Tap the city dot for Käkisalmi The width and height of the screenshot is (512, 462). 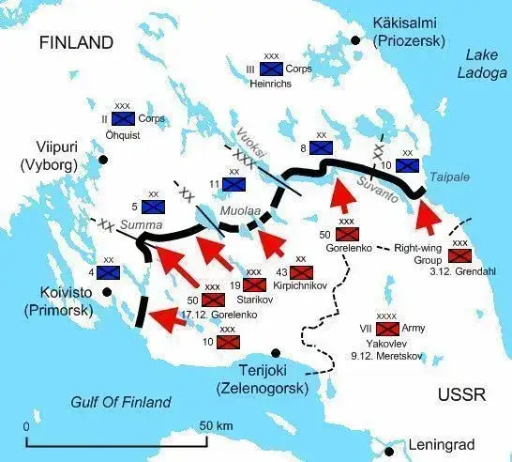[x=354, y=39]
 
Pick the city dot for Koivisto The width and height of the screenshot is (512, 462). [x=105, y=291]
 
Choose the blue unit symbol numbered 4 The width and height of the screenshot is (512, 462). [x=108, y=272]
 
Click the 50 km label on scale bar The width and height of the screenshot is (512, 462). [x=218, y=427]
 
